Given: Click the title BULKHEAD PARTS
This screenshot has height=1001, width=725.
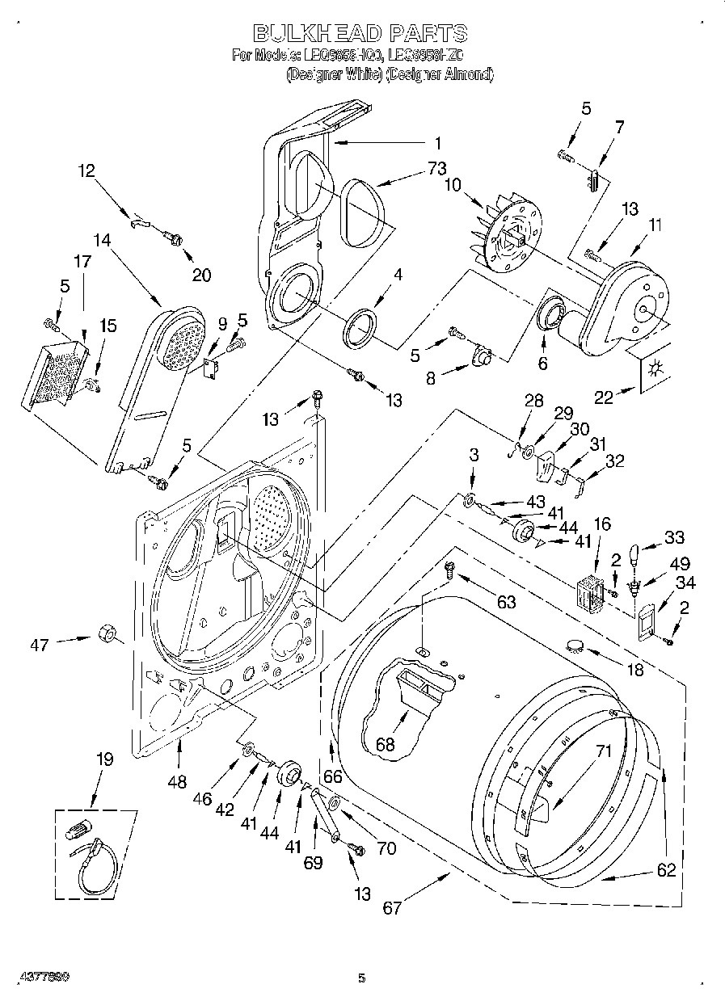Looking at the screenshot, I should pos(360,33).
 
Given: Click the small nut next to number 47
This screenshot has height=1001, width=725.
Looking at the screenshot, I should pos(104,633).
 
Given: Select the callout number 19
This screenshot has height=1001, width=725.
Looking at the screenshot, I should pos(105,759).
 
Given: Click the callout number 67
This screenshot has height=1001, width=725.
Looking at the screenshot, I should pos(392,908).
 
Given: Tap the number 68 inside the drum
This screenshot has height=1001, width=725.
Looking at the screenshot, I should pos(385,744).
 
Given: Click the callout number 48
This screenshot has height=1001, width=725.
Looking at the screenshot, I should pos(178,781).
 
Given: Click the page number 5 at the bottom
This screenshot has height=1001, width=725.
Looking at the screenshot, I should pos(361,978).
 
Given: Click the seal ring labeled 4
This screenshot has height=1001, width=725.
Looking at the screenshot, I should pos(361,326).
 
